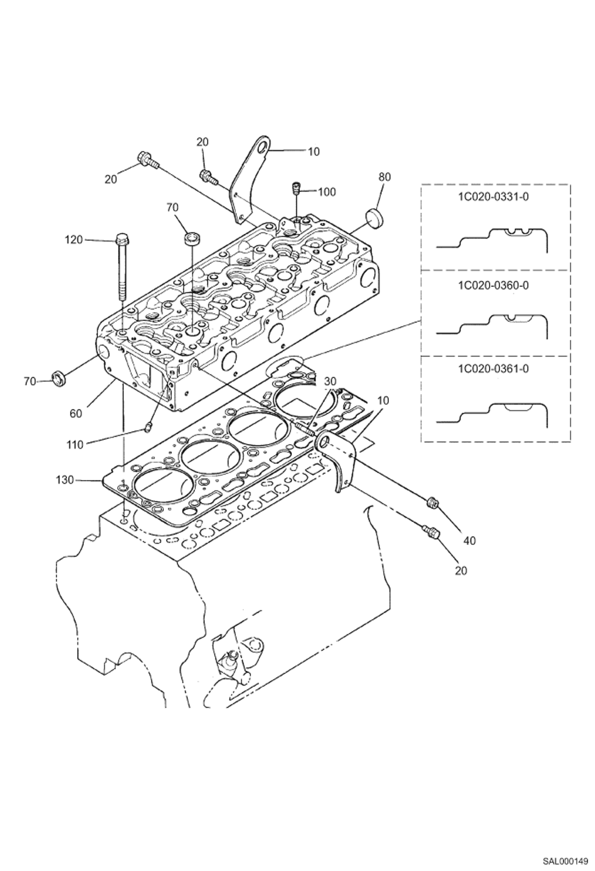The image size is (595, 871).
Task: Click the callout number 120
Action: (74, 240)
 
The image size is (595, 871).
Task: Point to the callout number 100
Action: (327, 192)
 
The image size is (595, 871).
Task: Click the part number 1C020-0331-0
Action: (493, 197)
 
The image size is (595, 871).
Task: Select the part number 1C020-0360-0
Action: (493, 285)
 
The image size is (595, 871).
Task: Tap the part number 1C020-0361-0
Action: (493, 369)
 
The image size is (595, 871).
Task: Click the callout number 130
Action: (65, 480)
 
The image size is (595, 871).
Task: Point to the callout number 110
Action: (75, 445)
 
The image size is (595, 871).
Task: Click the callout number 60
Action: (75, 413)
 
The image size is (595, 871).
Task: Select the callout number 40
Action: (469, 540)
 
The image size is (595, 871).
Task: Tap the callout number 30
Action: (330, 382)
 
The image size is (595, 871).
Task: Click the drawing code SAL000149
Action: (565, 858)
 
